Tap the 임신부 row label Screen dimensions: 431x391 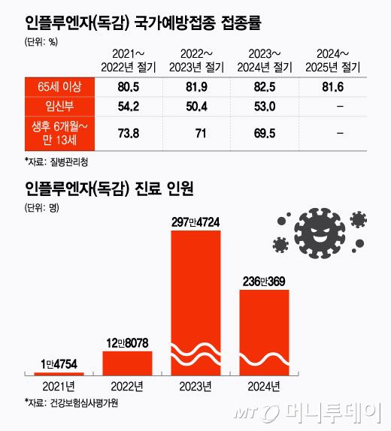58,105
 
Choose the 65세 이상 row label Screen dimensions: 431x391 58,87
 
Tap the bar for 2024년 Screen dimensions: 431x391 264,330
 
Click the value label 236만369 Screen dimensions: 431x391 264,282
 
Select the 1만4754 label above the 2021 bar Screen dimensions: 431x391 59,366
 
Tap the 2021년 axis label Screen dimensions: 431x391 59,387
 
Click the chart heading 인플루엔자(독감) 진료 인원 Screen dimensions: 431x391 110,188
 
